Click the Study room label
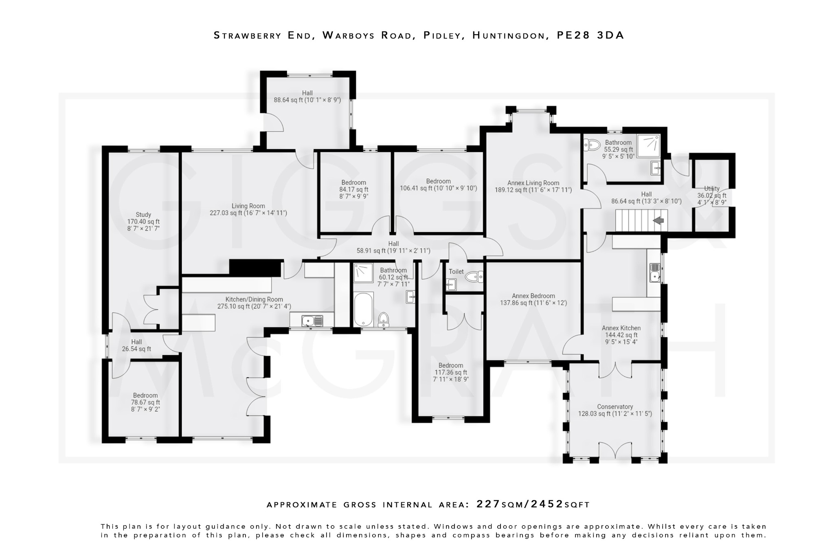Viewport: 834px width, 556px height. point(143,215)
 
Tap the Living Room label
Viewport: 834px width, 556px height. point(248,206)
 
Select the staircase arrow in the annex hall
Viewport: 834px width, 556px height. point(658,220)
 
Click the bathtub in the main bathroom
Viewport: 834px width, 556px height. point(363,309)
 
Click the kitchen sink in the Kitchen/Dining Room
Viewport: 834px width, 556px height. point(312,321)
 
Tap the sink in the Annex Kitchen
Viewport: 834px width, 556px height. point(655,273)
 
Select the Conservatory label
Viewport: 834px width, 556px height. point(615,407)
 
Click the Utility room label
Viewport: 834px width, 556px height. point(711,189)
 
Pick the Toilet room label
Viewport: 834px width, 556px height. point(456,271)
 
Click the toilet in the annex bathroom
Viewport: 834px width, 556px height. point(592,145)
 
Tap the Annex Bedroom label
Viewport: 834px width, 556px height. point(533,296)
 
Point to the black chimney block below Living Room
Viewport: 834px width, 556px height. point(255,268)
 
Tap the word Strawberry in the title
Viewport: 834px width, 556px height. point(248,35)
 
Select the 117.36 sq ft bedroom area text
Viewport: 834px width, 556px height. point(450,372)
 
